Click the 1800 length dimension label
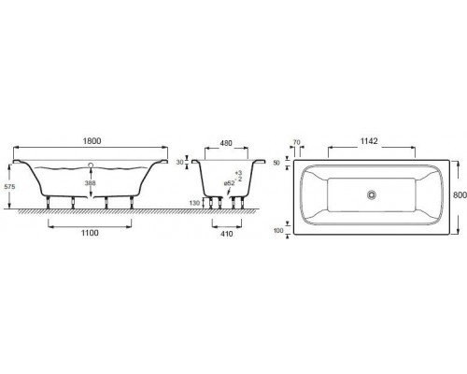92,141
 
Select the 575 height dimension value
9,187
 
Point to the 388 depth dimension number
91,183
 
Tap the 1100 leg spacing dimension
90,233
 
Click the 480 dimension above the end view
226,143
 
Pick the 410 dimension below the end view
226,234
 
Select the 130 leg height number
194,203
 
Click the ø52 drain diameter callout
229,183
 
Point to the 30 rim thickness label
179,163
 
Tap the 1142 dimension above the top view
369,141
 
